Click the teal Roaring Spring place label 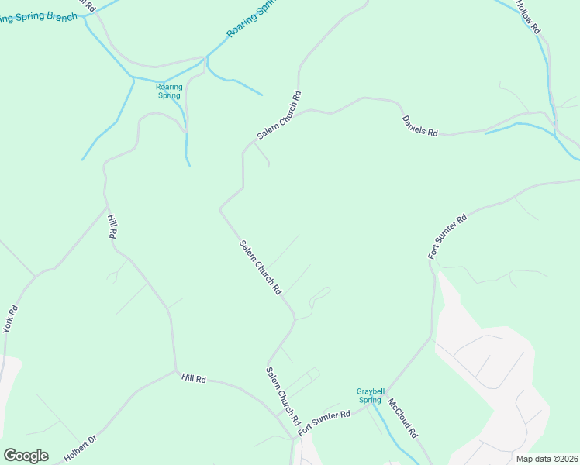169,91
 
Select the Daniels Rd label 419,126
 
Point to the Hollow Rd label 527,15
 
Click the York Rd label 11,320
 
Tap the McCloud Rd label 403,418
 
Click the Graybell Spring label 370,395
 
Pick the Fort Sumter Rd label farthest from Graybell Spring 448,236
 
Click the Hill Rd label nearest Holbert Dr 193,378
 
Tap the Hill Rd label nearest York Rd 112,227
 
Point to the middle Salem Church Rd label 260,267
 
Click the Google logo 26,456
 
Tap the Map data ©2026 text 547,459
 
